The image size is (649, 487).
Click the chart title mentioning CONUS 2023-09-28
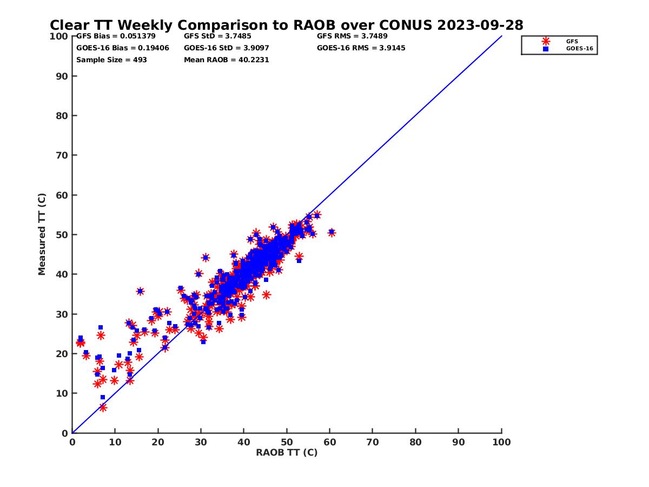click(x=286, y=25)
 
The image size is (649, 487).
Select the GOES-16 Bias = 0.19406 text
click(x=123, y=48)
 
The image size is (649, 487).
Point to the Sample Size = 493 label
click(x=111, y=60)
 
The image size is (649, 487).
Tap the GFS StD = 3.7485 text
click(x=218, y=36)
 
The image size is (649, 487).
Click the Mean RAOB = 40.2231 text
click(x=226, y=60)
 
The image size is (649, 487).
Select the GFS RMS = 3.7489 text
click(x=352, y=36)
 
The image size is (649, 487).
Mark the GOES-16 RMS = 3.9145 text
click(x=361, y=48)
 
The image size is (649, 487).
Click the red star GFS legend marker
click(x=546, y=41)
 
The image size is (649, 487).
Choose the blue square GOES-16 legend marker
click(x=546, y=49)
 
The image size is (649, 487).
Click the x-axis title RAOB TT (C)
click(x=287, y=453)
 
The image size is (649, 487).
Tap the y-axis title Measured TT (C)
click(x=42, y=234)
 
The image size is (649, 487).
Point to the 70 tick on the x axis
click(x=373, y=442)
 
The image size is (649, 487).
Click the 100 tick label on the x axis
click(x=501, y=442)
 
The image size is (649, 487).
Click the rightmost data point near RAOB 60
click(x=332, y=233)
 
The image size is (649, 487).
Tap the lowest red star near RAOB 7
click(x=103, y=407)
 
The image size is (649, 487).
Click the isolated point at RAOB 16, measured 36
click(x=140, y=291)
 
